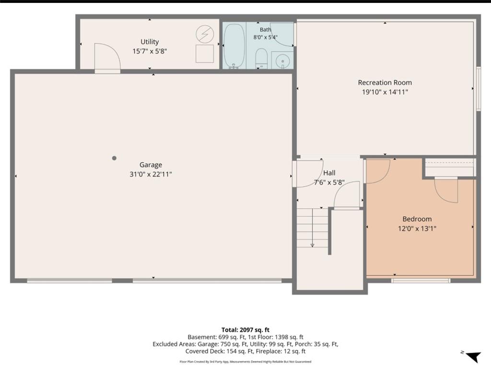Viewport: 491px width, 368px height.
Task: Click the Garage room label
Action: click(151, 165)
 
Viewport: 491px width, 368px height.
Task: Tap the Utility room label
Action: click(150, 42)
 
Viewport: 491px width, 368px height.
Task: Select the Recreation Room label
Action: click(385, 83)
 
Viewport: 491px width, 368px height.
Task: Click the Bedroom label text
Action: click(417, 219)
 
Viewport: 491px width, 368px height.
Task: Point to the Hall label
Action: click(329, 173)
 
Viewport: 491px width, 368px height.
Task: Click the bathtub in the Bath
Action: click(234, 46)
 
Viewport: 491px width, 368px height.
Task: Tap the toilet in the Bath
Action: click(261, 59)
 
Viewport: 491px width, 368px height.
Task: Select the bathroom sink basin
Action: click(283, 60)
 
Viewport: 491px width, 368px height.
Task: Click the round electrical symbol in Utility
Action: click(205, 34)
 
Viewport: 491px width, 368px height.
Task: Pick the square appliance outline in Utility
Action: click(205, 54)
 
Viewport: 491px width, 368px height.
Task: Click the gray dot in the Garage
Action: click(114, 158)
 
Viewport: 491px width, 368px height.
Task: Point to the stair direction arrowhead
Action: click(312, 245)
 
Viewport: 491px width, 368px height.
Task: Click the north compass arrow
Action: click(473, 356)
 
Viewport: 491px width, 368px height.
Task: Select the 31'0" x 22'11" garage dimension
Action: click(151, 174)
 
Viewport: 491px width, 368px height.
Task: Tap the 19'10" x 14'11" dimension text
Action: click(385, 92)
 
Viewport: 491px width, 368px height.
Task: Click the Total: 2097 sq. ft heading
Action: click(245, 330)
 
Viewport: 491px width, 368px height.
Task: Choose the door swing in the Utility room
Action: click(107, 57)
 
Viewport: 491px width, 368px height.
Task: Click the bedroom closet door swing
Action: click(446, 191)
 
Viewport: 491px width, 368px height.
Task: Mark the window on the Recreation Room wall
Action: click(479, 89)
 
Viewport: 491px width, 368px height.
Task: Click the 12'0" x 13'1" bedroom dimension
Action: click(417, 228)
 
